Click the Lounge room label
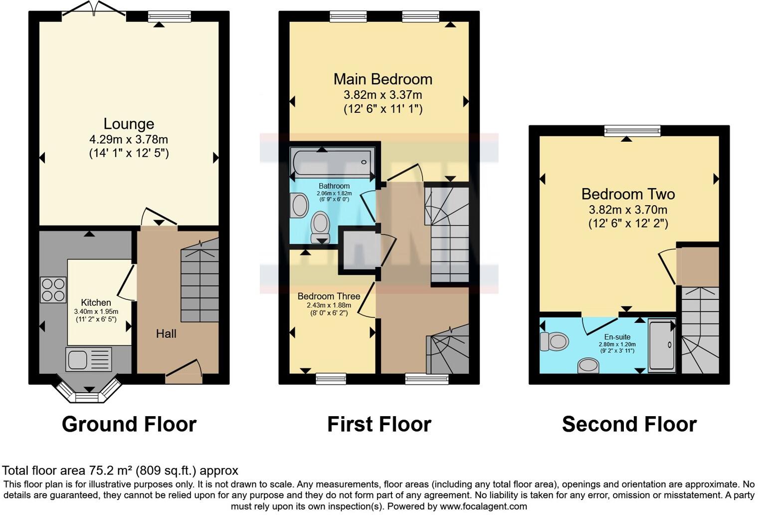point(129,124)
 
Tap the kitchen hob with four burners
point(53,290)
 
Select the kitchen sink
point(89,360)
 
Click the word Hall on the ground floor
point(166,334)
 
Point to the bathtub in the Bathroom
point(333,162)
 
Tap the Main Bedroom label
point(383,79)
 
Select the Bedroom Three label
point(329,296)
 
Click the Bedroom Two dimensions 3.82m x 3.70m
point(628,210)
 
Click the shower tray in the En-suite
point(662,345)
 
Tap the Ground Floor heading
point(129,424)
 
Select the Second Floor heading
point(629,424)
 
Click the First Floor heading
point(379,424)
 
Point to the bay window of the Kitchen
point(88,392)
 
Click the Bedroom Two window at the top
point(632,131)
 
